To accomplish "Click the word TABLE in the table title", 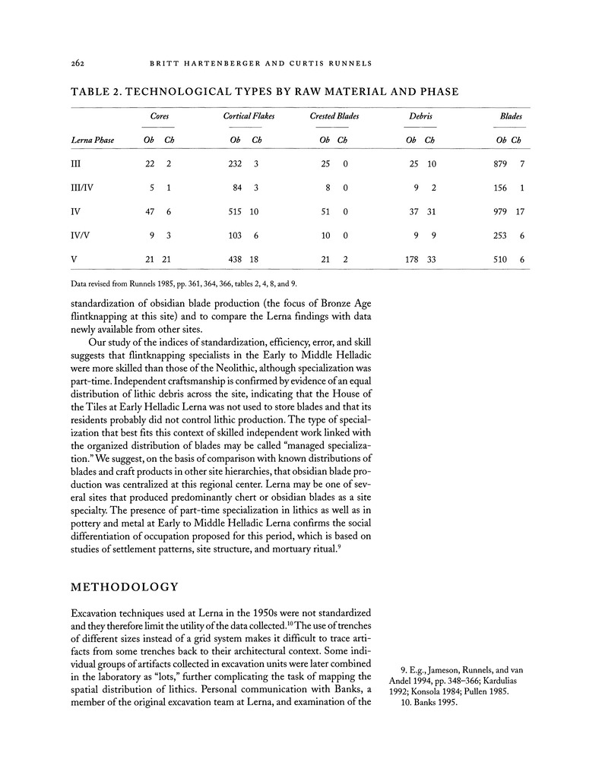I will coord(92,92).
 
